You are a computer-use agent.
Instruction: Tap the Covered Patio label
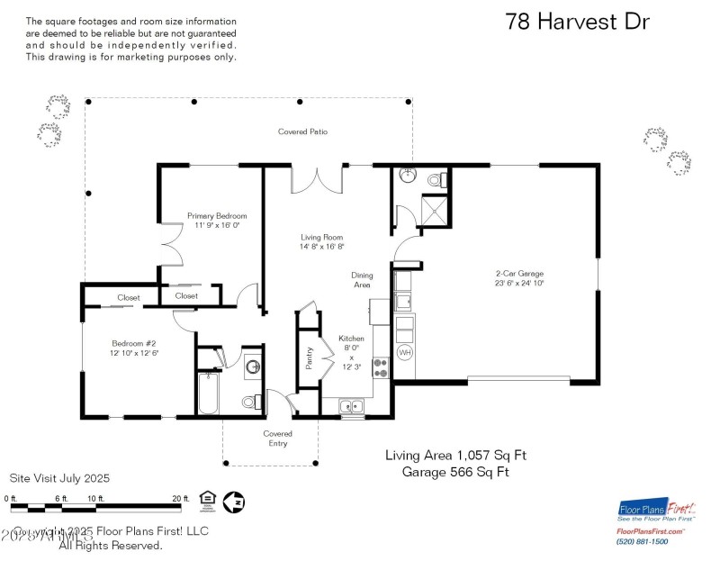pos(302,131)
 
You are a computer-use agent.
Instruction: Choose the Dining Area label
pos(363,280)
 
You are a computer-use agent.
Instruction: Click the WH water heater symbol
pos(404,352)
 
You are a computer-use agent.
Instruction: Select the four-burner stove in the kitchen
pos(380,368)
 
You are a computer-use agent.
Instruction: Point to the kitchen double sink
pos(350,407)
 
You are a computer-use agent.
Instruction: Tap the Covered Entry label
pos(277,439)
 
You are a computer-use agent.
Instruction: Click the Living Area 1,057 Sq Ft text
pos(455,456)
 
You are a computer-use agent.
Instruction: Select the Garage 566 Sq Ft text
pos(455,472)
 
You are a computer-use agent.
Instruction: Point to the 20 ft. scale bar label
pos(181,498)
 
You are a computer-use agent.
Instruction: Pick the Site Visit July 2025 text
pos(59,478)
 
